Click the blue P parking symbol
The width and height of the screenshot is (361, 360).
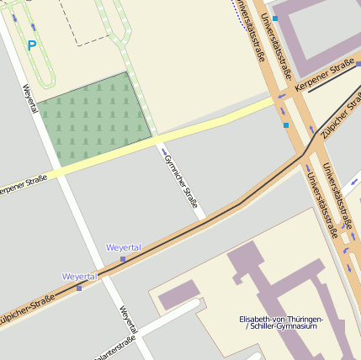32,45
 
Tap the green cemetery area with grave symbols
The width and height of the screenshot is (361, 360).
93,118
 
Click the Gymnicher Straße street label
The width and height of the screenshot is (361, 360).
181,181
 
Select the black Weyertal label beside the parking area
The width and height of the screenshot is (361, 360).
30,99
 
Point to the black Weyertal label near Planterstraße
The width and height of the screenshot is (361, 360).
127,320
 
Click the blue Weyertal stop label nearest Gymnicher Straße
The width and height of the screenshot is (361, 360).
123,247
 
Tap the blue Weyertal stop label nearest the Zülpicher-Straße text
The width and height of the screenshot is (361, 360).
80,276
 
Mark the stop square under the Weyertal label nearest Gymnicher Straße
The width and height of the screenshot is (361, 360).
123,259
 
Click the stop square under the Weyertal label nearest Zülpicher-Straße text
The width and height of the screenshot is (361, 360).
79,288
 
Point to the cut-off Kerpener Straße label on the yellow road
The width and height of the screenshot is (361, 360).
23,184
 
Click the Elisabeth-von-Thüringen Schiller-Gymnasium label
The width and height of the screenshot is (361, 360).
280,322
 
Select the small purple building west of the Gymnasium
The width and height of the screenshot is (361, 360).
179,295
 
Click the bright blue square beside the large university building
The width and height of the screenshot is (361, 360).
274,18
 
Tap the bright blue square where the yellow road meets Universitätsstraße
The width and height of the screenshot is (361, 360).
286,125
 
